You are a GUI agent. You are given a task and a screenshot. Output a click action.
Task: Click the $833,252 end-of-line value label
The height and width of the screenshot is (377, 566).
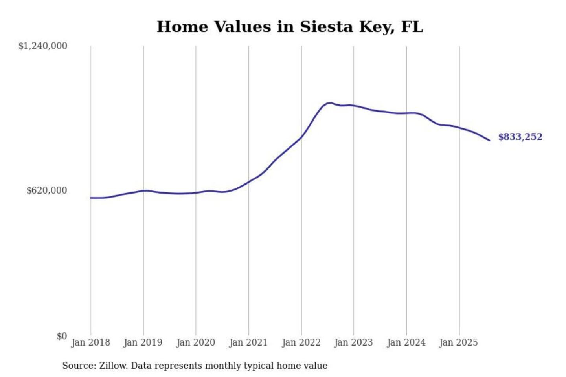coord(520,137)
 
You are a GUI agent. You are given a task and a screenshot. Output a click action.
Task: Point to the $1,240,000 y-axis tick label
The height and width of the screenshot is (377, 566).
coord(43,46)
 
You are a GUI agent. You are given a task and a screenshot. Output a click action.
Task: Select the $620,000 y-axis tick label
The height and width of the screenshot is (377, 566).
coord(47,190)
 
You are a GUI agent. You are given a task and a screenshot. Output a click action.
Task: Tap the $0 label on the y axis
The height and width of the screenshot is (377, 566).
coord(62,336)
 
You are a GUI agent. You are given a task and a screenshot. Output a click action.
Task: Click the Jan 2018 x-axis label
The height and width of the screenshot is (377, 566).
coord(90,342)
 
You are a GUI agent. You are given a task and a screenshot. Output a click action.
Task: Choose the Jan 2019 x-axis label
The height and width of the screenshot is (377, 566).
coord(143,342)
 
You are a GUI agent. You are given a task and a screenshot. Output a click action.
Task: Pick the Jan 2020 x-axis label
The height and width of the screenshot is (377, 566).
coord(196,342)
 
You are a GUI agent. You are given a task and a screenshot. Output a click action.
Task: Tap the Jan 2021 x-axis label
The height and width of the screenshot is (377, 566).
coord(248,342)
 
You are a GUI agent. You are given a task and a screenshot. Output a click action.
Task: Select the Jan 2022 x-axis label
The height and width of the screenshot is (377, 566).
coord(301,342)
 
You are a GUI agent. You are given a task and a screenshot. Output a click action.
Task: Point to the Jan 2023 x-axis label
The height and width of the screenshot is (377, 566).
coord(353,342)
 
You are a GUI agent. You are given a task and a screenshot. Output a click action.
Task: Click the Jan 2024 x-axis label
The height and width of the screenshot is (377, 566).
coord(406,342)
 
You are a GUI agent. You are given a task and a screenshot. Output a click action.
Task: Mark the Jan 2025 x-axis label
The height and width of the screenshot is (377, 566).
coord(458,342)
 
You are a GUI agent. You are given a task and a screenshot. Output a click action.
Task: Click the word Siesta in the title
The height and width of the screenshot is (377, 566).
coord(326,27)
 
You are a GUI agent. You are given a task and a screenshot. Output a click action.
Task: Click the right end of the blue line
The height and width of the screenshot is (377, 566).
coord(489,140)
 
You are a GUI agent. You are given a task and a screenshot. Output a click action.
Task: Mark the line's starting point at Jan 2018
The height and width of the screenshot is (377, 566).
coord(91,198)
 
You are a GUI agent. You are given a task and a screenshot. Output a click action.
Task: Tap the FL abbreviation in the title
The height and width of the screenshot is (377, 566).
coord(412,27)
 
